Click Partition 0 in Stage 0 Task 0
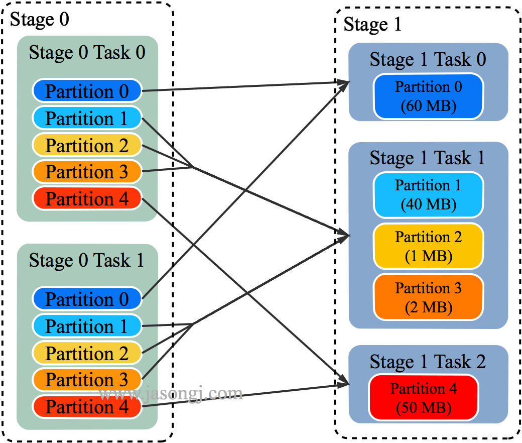click(87, 91)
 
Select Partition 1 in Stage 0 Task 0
click(87, 118)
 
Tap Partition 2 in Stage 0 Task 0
click(87, 145)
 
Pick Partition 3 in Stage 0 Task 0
click(87, 172)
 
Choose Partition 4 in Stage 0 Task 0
click(87, 198)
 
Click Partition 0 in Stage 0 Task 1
click(87, 299)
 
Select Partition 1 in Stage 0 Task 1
click(87, 326)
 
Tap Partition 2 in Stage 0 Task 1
click(87, 353)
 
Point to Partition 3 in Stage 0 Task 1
click(87, 380)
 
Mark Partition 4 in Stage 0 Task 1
click(87, 406)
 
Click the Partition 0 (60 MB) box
click(428, 96)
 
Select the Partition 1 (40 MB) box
click(428, 195)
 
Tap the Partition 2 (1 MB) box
click(428, 246)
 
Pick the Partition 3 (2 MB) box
click(428, 297)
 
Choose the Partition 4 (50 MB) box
click(423, 398)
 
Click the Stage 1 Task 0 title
click(428, 59)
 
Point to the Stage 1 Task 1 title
click(428, 158)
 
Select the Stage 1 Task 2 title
click(428, 362)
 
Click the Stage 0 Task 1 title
click(86, 260)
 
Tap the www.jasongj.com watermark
click(171, 393)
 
